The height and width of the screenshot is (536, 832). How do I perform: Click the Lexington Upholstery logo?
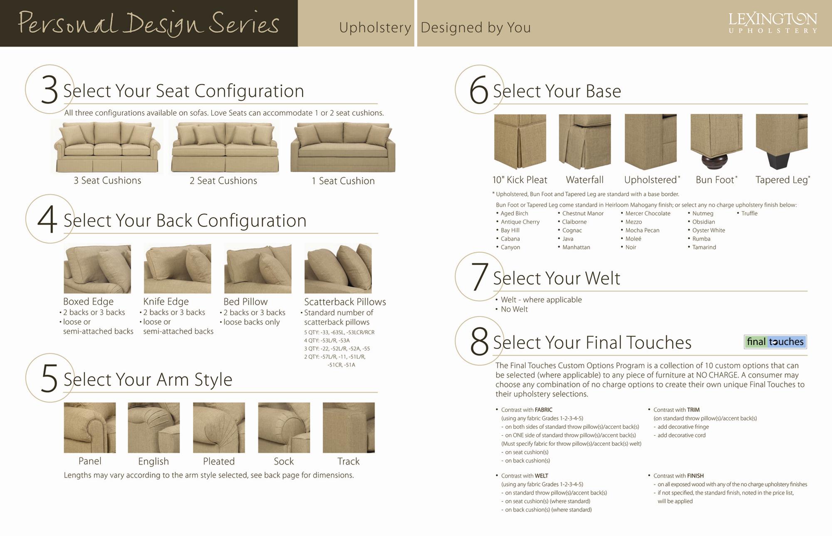(x=773, y=23)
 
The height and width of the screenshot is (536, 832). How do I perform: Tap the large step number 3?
(x=49, y=90)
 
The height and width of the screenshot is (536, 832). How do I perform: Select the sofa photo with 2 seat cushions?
(x=225, y=147)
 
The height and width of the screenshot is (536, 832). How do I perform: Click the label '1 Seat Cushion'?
(x=343, y=181)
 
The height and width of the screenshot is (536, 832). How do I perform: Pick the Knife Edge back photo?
(x=177, y=269)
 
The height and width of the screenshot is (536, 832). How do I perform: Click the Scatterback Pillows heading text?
(x=344, y=302)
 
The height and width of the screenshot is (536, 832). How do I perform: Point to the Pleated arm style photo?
(x=219, y=427)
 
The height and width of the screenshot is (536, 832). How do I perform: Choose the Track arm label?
(x=348, y=462)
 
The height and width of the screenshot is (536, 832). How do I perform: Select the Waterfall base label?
(x=584, y=180)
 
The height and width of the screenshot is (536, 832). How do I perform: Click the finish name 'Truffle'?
(x=749, y=213)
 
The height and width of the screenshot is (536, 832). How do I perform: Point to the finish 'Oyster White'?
(x=708, y=230)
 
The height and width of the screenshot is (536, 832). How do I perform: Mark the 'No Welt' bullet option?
(x=514, y=309)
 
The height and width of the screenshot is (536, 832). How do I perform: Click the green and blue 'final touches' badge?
(x=775, y=342)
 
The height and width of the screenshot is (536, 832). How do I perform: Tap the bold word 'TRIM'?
(x=693, y=410)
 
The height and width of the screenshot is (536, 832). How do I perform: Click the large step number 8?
(x=479, y=342)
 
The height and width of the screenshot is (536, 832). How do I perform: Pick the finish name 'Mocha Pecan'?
(x=642, y=230)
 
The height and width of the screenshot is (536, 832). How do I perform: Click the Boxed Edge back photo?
(x=97, y=269)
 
